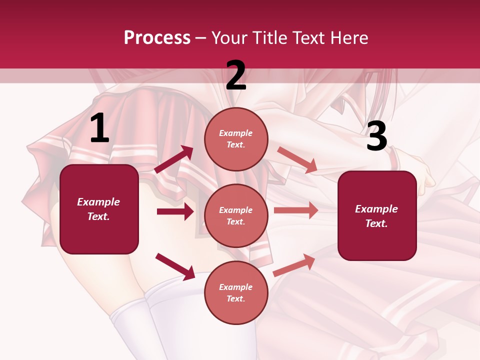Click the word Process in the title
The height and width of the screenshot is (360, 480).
pyautogui.click(x=157, y=37)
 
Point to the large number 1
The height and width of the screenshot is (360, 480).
pyautogui.click(x=99, y=129)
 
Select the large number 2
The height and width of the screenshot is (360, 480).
pyautogui.click(x=236, y=76)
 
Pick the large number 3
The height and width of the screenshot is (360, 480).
pyautogui.click(x=376, y=136)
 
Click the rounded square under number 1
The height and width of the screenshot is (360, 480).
pyautogui.click(x=99, y=209)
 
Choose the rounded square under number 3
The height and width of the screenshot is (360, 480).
pyautogui.click(x=377, y=216)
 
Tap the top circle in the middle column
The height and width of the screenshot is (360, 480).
pyautogui.click(x=236, y=139)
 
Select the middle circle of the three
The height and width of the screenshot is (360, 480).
pyautogui.click(x=236, y=216)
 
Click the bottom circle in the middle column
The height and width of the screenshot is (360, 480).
pyautogui.click(x=236, y=293)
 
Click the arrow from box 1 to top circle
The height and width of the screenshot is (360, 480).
pyautogui.click(x=174, y=159)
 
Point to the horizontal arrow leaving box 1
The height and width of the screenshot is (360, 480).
pyautogui.click(x=175, y=211)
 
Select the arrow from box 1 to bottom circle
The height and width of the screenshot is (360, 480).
pyautogui.click(x=175, y=266)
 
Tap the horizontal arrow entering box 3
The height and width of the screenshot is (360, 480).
pyautogui.click(x=295, y=210)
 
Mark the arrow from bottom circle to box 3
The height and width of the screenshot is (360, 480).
pyautogui.click(x=294, y=264)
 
